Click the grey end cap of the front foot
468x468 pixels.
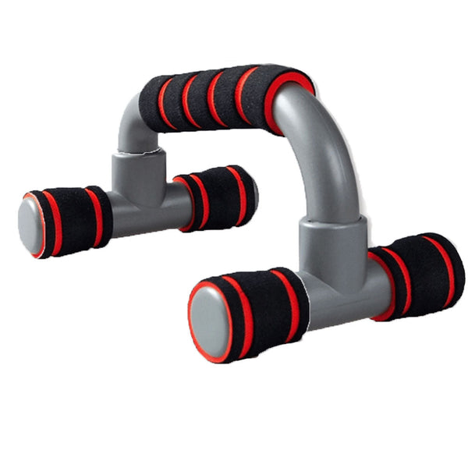click(209, 319)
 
